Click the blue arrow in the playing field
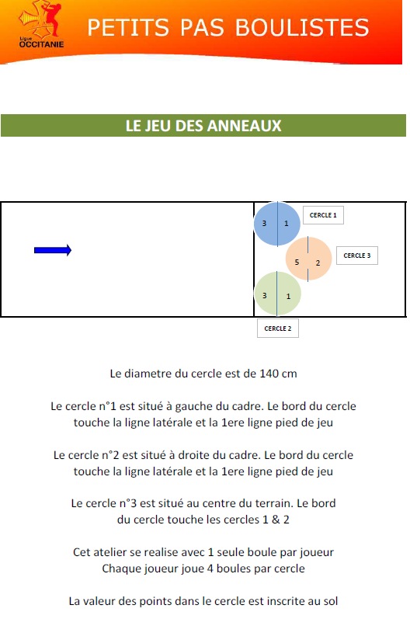click(53, 250)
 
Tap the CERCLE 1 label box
click(323, 215)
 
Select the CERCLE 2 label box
click(278, 329)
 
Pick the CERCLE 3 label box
click(357, 256)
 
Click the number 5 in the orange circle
click(297, 263)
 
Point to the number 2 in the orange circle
click(318, 263)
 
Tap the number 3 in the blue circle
click(264, 224)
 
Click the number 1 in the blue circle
click(287, 224)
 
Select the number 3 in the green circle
click(264, 295)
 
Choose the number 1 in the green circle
click(288, 296)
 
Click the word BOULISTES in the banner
click(302, 28)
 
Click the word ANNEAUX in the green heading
click(245, 126)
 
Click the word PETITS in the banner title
click(128, 28)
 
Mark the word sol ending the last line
click(331, 601)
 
